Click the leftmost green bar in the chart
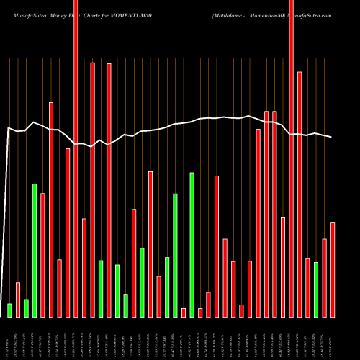click(9, 310)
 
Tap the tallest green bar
click(192, 245)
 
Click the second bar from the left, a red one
click(18, 300)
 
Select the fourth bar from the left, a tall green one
click(35, 251)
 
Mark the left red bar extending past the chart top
click(76, 158)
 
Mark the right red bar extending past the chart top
click(292, 158)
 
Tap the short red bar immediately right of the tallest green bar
click(200, 312)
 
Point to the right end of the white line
click(332, 137)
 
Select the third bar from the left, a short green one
click(27, 308)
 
